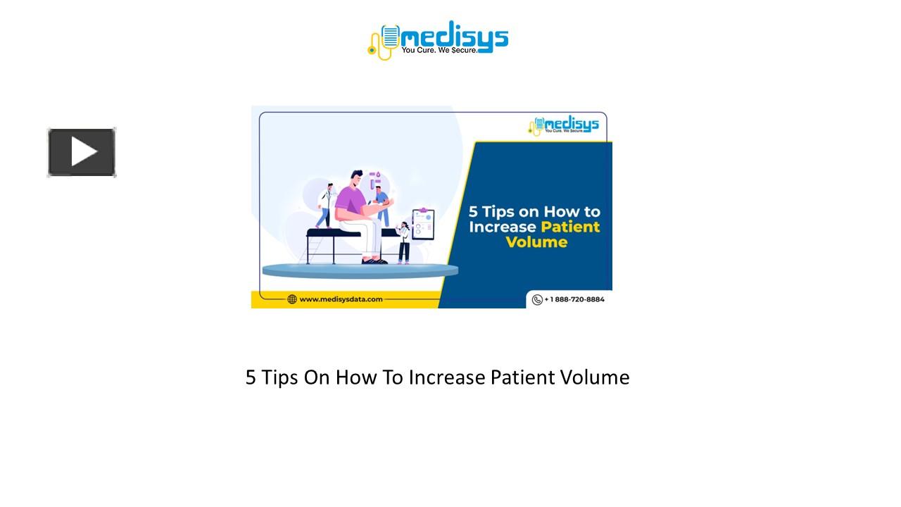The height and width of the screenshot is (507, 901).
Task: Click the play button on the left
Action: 82,152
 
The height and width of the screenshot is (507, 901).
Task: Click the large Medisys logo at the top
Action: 438,39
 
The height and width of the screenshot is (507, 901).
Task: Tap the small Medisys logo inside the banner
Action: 564,125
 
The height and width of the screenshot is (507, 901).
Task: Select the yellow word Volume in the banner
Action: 536,242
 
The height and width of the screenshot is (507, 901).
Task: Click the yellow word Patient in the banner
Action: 570,227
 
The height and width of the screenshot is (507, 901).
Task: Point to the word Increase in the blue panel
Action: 503,227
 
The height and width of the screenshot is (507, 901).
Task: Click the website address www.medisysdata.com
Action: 341,299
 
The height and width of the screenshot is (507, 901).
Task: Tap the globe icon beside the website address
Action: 292,299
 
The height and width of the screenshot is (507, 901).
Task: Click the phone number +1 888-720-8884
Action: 574,299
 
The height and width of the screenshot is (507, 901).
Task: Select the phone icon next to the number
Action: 537,299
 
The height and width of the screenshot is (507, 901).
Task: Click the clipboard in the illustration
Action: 422,225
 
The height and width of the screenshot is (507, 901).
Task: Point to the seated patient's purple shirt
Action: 349,201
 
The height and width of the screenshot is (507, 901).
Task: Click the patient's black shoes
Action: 374,261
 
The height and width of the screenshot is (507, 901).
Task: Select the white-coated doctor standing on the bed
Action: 325,205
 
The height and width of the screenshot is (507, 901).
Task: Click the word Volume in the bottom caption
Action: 595,377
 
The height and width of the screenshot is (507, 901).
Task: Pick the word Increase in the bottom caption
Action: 447,377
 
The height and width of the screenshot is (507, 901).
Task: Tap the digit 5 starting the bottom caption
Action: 251,377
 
